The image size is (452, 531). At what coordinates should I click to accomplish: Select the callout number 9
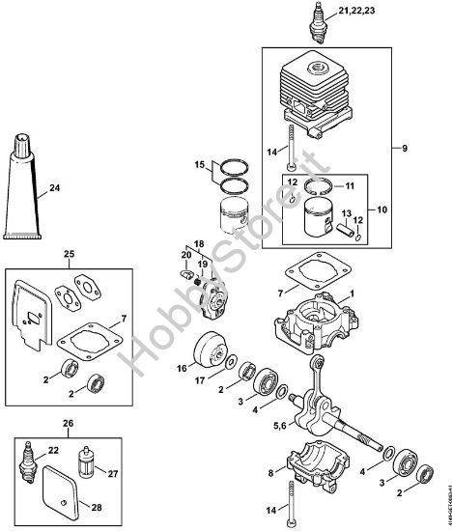point(407,149)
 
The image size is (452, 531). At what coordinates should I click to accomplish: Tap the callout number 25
point(69,255)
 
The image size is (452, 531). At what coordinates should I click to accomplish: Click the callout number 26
point(69,423)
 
